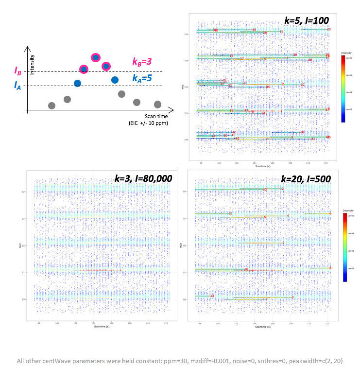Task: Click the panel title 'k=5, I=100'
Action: click(307, 20)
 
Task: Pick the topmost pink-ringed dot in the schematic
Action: click(96, 58)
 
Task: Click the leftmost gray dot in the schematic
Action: click(52, 105)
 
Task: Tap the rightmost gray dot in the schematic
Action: click(157, 104)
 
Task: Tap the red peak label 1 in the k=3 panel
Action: click(120, 269)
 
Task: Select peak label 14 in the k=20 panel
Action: click(212, 296)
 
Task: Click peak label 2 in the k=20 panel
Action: click(283, 243)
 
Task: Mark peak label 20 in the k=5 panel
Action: click(329, 30)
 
